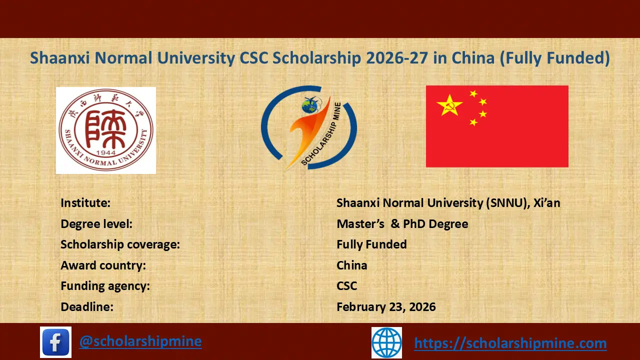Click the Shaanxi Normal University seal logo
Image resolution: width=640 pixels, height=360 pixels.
pyautogui.click(x=105, y=130)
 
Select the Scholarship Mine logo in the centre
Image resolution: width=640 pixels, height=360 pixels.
pyautogui.click(x=308, y=128)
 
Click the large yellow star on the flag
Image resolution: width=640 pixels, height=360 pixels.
pyautogui.click(x=448, y=105)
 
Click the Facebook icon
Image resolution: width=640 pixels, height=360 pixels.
pyautogui.click(x=55, y=342)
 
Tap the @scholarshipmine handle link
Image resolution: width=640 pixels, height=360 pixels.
pyautogui.click(x=140, y=341)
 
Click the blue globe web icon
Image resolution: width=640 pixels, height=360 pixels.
pyautogui.click(x=386, y=342)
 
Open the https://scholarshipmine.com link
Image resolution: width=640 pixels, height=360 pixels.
pyautogui.click(x=510, y=343)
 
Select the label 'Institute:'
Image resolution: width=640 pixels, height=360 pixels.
pyautogui.click(x=85, y=203)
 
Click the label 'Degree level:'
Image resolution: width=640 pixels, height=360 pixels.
pyautogui.click(x=96, y=224)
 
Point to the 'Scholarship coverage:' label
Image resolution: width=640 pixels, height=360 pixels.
pyautogui.click(x=120, y=244)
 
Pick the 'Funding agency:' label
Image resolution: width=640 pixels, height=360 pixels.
pyautogui.click(x=105, y=286)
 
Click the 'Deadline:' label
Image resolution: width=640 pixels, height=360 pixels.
pyautogui.click(x=87, y=306)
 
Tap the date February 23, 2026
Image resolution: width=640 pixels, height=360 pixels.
pyautogui.click(x=386, y=306)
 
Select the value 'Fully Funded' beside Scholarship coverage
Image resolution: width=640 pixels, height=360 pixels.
pyautogui.click(x=371, y=244)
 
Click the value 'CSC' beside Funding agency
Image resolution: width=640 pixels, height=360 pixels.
pyautogui.click(x=347, y=286)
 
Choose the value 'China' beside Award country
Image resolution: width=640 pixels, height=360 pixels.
pyautogui.click(x=352, y=265)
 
